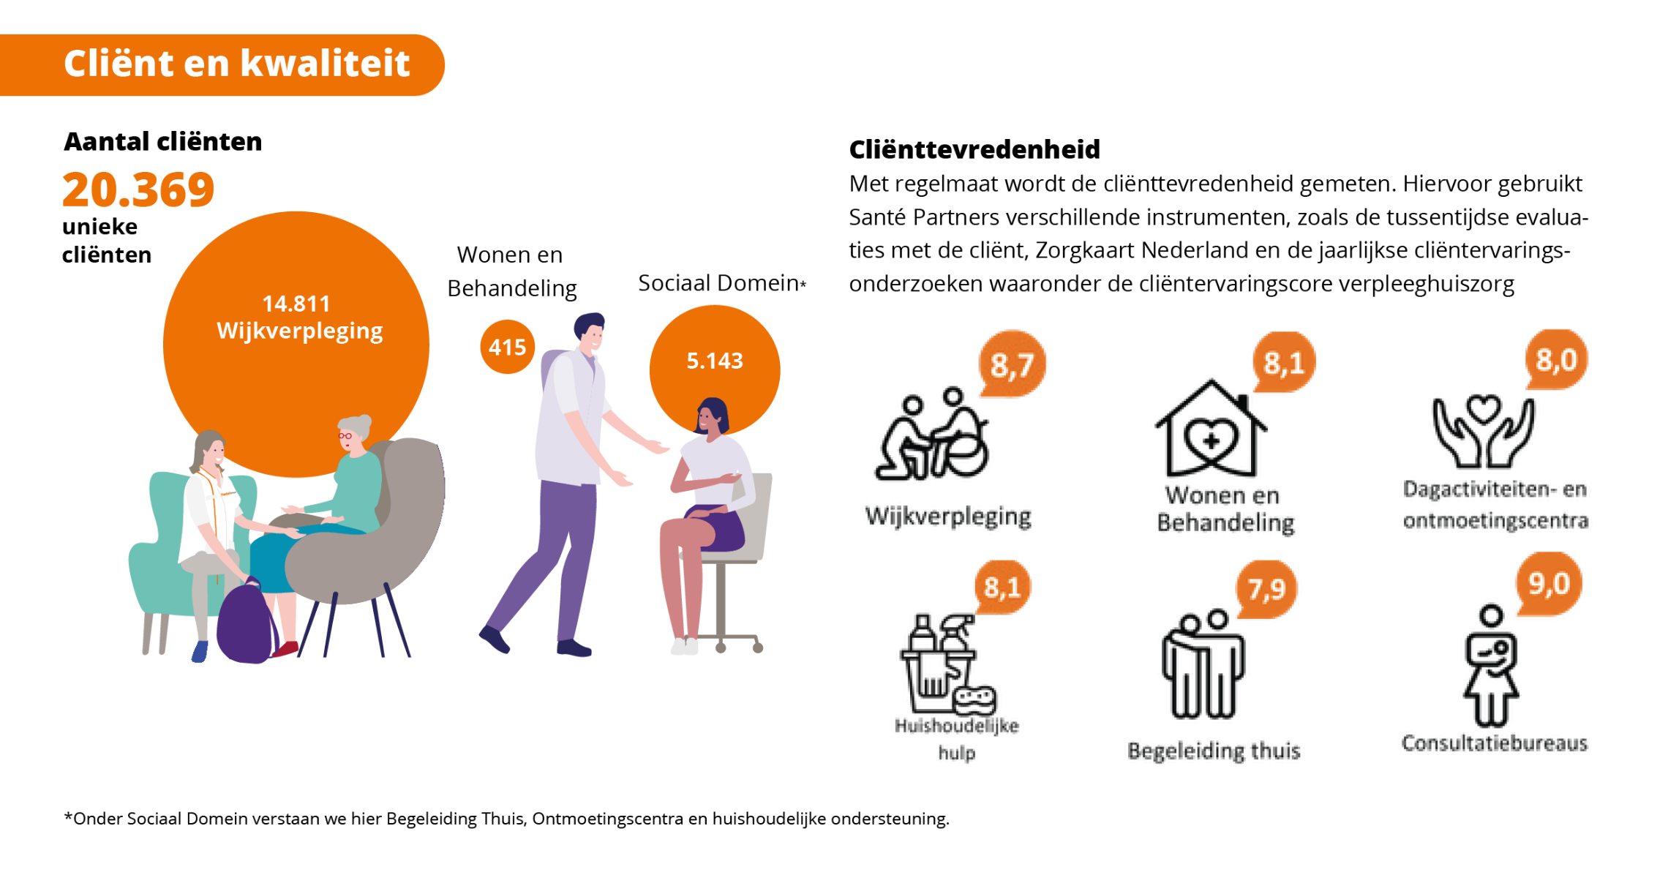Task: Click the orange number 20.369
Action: coord(138,189)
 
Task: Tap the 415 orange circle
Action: coord(507,347)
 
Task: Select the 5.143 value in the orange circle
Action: coord(715,361)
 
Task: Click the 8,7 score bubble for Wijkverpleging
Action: coord(1013,364)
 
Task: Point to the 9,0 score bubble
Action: coord(1549,584)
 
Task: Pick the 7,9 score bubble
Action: coord(1267,589)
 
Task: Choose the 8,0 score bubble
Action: coord(1556,359)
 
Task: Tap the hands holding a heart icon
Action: coord(1483,431)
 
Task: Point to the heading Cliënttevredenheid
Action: coord(974,149)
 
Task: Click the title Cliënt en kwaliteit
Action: coord(236,63)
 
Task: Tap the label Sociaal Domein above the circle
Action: coord(718,283)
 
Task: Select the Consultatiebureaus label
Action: coord(1495,743)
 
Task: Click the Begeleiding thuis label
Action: coord(1214,751)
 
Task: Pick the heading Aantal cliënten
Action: coord(163,141)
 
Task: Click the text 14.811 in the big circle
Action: coord(296,304)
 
